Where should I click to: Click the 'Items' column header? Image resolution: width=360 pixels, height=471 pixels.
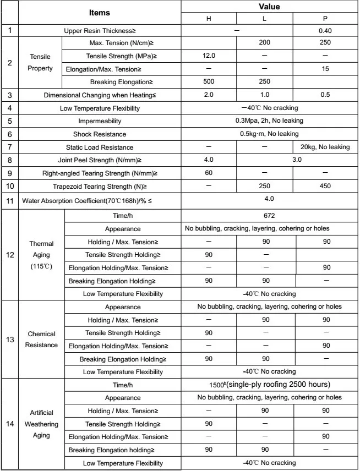[99, 12]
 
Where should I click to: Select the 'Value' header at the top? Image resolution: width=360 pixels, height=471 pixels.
[269, 7]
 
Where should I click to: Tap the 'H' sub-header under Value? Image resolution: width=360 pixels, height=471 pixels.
[209, 19]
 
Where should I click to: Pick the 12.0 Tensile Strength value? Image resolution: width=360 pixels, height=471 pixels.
[209, 56]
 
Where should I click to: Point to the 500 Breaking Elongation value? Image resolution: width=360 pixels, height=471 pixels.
[209, 82]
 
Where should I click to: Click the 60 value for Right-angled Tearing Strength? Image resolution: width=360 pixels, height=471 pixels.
[209, 173]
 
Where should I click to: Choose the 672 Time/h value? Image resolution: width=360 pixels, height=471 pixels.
[269, 216]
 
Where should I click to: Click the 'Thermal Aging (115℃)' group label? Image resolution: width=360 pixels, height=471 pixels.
[41, 255]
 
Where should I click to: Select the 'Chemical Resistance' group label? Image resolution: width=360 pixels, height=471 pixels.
[41, 339]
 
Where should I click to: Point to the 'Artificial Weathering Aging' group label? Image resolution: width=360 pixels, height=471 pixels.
[41, 424]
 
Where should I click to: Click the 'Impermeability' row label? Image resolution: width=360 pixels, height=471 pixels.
[100, 121]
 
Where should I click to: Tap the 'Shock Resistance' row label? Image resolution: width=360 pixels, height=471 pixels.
[100, 134]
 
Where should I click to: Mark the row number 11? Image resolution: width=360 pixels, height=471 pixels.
[10, 200]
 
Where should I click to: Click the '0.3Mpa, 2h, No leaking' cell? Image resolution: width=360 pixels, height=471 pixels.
[269, 121]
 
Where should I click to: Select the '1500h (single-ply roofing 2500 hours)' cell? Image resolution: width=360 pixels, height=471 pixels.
[269, 385]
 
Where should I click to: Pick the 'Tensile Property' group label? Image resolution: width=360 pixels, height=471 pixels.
[41, 62]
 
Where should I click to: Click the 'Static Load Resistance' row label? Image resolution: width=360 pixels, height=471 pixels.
[100, 147]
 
